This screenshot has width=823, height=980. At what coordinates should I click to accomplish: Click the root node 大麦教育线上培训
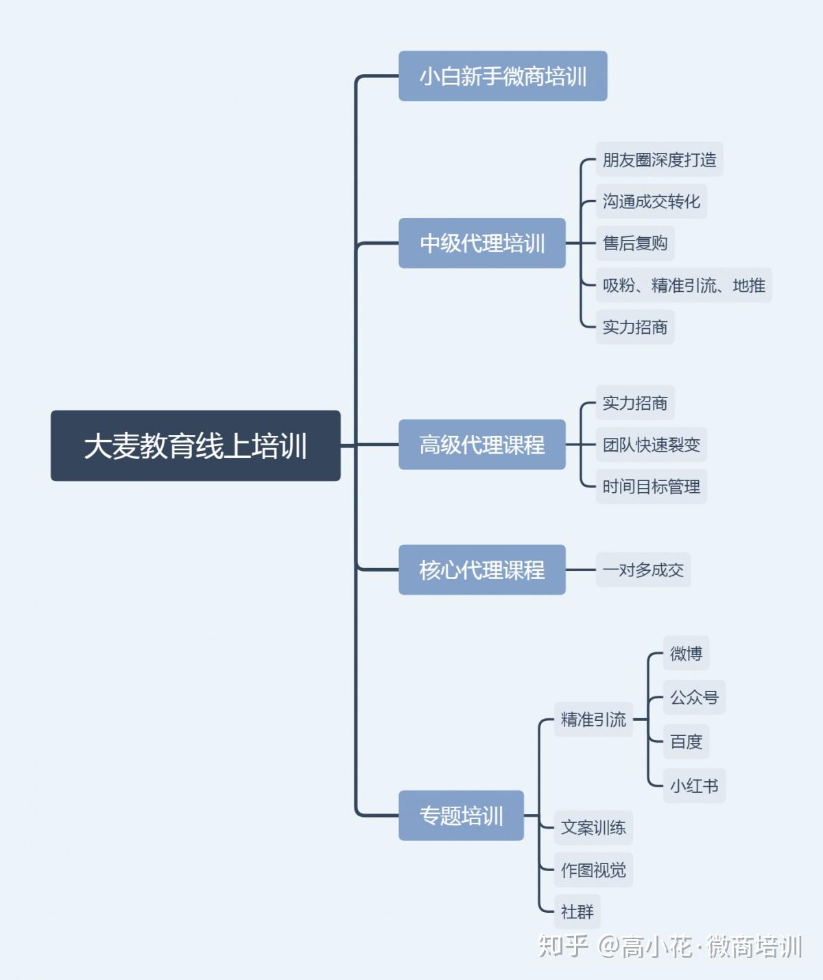pyautogui.click(x=195, y=445)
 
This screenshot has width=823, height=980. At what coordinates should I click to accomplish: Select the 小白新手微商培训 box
pyautogui.click(x=503, y=76)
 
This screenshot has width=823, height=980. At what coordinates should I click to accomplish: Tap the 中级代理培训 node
pyautogui.click(x=482, y=243)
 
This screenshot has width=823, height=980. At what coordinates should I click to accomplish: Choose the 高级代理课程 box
pyautogui.click(x=482, y=445)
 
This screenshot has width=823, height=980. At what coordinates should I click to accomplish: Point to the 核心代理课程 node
pyautogui.click(x=482, y=569)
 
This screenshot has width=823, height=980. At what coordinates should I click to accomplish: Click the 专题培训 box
pyautogui.click(x=461, y=816)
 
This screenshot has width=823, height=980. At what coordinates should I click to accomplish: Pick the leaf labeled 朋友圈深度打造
pyautogui.click(x=659, y=160)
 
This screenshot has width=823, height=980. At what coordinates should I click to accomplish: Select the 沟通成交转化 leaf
pyautogui.click(x=651, y=201)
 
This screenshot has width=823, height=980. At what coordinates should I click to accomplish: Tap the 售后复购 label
pyautogui.click(x=635, y=243)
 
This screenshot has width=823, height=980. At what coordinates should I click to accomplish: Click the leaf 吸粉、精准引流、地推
pyautogui.click(x=684, y=285)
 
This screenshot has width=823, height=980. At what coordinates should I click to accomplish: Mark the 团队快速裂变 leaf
pyautogui.click(x=651, y=445)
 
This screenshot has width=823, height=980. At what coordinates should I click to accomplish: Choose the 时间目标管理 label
pyautogui.click(x=651, y=487)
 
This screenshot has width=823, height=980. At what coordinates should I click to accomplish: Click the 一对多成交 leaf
pyautogui.click(x=643, y=569)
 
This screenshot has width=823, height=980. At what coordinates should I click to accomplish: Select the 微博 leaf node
pyautogui.click(x=686, y=653)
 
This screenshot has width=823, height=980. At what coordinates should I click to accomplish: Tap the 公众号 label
pyautogui.click(x=694, y=697)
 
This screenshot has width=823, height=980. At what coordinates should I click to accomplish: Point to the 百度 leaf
pyautogui.click(x=686, y=742)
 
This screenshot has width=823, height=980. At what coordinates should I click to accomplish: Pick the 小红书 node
pyautogui.click(x=694, y=785)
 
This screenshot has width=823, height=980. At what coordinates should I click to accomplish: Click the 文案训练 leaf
pyautogui.click(x=593, y=828)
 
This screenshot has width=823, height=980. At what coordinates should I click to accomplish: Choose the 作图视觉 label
pyautogui.click(x=593, y=870)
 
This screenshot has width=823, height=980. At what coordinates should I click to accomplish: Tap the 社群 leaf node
pyautogui.click(x=577, y=911)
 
